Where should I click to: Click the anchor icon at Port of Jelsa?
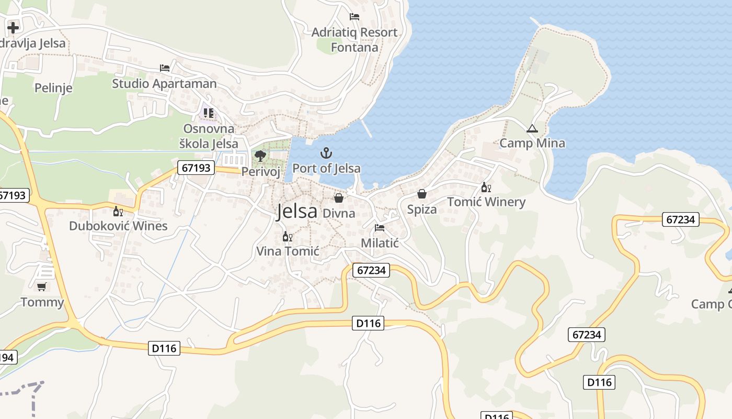click(x=326, y=153)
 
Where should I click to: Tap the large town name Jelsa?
click(x=297, y=211)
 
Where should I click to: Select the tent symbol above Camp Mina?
click(x=532, y=128)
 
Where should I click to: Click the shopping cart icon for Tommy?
click(x=41, y=286)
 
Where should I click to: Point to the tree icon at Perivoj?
click(x=260, y=156)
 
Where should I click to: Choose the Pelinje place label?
click(x=53, y=87)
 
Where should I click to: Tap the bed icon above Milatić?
click(x=380, y=228)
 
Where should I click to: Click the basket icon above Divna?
click(x=339, y=197)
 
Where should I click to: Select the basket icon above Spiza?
click(x=422, y=194)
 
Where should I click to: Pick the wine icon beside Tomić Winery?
click(x=486, y=187)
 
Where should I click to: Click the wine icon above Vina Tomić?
click(x=287, y=236)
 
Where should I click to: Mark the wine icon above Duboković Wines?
click(x=118, y=211)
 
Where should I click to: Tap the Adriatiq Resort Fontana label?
click(x=354, y=40)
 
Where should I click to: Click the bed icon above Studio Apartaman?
click(x=165, y=68)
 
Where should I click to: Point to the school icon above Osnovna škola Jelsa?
click(x=209, y=113)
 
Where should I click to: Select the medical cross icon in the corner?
click(x=13, y=27)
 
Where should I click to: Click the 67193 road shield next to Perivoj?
click(x=197, y=168)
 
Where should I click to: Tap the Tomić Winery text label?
click(x=486, y=202)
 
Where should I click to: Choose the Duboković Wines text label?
click(x=118, y=226)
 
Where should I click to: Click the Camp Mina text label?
click(x=532, y=143)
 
